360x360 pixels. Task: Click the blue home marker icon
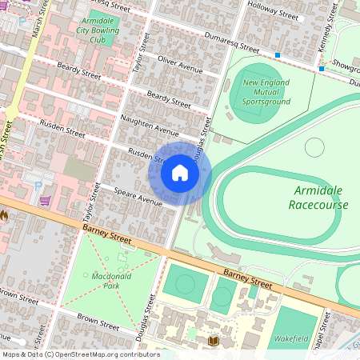point(180,172)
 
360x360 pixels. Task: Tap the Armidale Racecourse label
point(321,197)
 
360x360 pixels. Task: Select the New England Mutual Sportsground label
point(266,92)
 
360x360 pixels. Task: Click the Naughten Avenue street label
point(149,125)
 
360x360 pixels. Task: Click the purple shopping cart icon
point(45,200)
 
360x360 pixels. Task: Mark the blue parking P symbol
point(38,185)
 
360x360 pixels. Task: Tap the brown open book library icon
point(213,342)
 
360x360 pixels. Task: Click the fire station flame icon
point(4,215)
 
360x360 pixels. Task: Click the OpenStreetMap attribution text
point(80,354)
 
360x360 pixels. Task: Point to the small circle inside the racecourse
point(314,146)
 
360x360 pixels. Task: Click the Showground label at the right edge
point(346,66)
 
